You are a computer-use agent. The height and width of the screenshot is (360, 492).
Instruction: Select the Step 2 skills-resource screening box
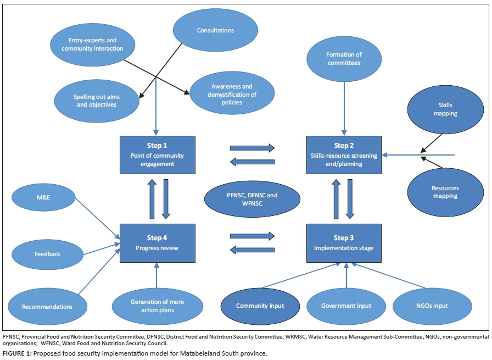[344, 155]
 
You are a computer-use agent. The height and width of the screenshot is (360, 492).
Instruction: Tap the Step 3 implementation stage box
[344, 242]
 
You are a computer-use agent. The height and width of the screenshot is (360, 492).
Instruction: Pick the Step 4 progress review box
[157, 242]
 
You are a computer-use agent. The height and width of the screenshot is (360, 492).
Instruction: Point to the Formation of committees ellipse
[344, 59]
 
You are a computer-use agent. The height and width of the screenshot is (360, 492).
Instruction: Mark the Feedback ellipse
[47, 254]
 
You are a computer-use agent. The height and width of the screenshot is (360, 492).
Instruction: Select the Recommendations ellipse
[47, 306]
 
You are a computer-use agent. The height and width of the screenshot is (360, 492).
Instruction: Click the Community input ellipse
[260, 306]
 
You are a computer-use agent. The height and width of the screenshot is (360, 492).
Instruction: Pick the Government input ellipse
[346, 306]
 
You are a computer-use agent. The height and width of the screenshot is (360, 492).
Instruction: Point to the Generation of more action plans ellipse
[157, 306]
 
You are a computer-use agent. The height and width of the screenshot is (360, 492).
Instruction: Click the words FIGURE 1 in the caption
[16, 353]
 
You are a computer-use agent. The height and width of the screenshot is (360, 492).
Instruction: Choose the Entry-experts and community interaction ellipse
[92, 45]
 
